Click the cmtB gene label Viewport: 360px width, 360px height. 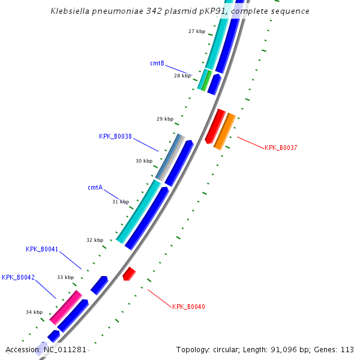click(157, 63)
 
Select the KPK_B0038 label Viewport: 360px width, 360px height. click(115, 136)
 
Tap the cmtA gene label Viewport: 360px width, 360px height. click(95, 187)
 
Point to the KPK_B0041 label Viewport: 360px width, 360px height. click(42, 249)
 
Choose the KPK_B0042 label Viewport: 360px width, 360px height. click(18, 277)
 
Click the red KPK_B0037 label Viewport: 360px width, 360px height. click(281, 148)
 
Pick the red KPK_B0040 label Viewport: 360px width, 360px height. click(188, 307)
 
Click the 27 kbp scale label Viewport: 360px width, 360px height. click(196, 31)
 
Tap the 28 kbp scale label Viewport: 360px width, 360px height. click(182, 76)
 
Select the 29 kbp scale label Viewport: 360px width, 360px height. click(164, 119)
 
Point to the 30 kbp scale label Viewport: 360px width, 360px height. click(143, 161)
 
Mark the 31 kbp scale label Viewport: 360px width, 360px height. click(120, 202)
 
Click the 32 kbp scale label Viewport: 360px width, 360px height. click(94, 240)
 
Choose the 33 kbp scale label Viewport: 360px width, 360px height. click(65, 277)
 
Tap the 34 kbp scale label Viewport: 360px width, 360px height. click(34, 312)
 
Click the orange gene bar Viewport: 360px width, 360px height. click(224, 131)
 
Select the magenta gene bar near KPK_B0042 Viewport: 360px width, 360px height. click(65, 307)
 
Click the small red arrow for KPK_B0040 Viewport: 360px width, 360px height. click(128, 274)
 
